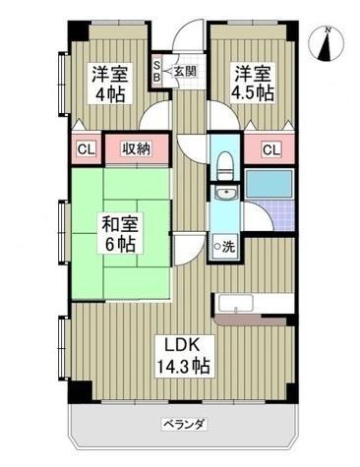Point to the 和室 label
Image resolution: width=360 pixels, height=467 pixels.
[x=119, y=221]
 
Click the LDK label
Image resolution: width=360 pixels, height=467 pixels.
[x=183, y=344]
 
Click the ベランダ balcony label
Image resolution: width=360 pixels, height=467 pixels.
[x=184, y=425]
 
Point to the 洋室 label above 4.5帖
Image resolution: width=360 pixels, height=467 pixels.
[x=251, y=73]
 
